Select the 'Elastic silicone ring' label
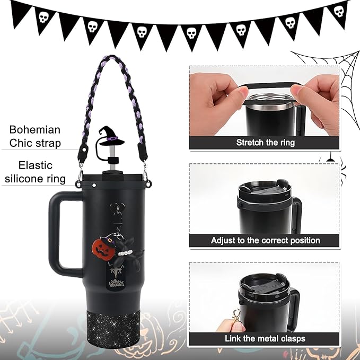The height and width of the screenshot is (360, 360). (36, 172)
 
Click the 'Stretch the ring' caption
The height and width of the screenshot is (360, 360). (265, 142)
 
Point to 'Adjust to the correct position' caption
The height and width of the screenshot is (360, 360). (265, 240)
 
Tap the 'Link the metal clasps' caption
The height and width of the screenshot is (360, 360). (265, 338)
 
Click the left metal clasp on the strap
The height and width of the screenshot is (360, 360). (81, 174)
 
